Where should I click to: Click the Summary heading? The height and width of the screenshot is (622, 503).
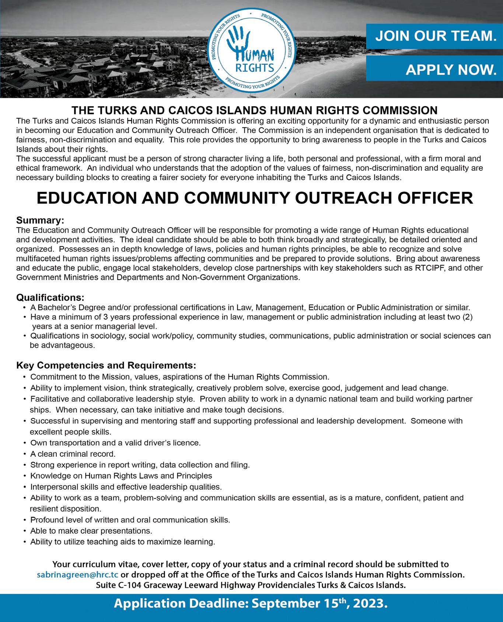click(x=40, y=220)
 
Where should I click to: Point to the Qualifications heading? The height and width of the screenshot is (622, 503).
click(x=50, y=297)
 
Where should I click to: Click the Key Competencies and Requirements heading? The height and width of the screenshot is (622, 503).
click(x=106, y=365)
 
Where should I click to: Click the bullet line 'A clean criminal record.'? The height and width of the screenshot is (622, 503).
click(x=73, y=454)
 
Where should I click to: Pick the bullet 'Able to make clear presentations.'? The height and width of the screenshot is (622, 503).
click(x=91, y=531)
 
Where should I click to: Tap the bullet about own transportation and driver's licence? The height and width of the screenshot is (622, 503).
click(x=115, y=443)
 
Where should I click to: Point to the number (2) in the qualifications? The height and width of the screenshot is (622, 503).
click(x=467, y=317)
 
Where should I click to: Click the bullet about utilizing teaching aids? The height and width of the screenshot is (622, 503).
click(x=122, y=542)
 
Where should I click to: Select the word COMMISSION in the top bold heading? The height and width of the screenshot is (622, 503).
click(x=398, y=110)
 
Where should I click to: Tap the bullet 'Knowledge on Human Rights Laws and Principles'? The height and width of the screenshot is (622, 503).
click(x=121, y=476)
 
